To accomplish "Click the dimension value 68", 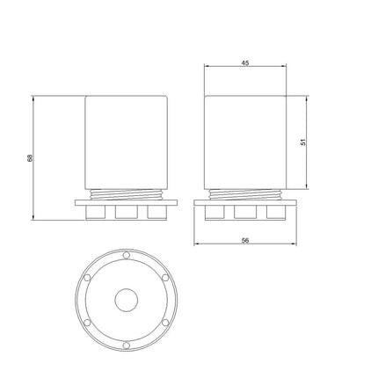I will coord(31,157).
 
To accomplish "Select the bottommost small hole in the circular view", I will coord(127,345).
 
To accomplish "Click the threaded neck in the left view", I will coord(127,193).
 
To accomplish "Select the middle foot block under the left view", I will coord(127,212).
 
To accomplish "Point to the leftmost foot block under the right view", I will coord(216,212).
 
